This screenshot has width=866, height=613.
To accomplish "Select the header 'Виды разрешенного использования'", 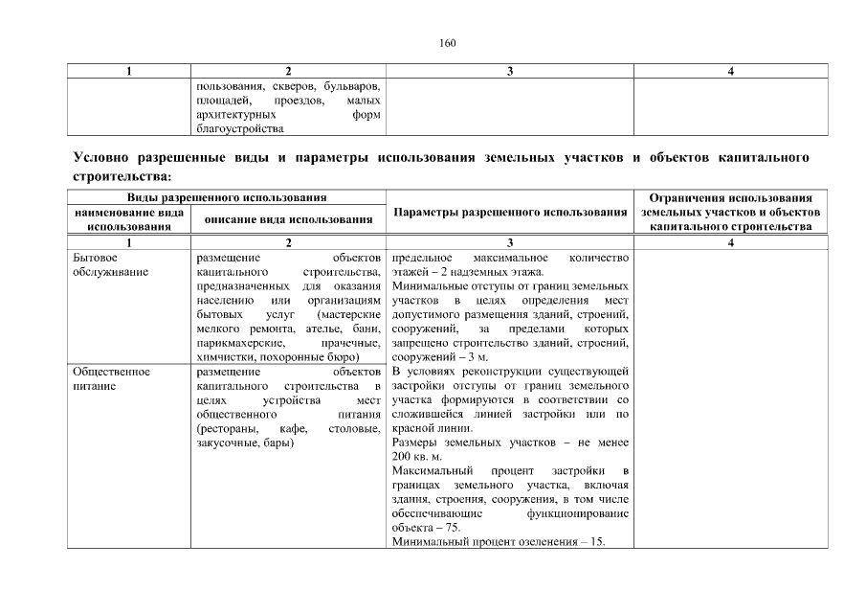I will click(x=227, y=196).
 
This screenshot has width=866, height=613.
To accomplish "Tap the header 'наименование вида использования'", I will click(x=128, y=218).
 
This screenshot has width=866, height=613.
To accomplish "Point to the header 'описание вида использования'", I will click(x=288, y=219).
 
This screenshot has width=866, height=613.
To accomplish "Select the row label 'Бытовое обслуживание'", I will click(x=110, y=265).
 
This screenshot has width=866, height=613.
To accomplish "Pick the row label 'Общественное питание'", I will click(x=111, y=377).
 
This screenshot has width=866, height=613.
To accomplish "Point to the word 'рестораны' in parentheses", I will click(x=225, y=429).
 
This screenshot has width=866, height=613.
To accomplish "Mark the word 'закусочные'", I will click(x=228, y=443).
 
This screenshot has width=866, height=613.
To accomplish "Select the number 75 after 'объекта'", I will click(x=453, y=528).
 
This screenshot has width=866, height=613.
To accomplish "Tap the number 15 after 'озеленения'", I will click(x=598, y=542).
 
